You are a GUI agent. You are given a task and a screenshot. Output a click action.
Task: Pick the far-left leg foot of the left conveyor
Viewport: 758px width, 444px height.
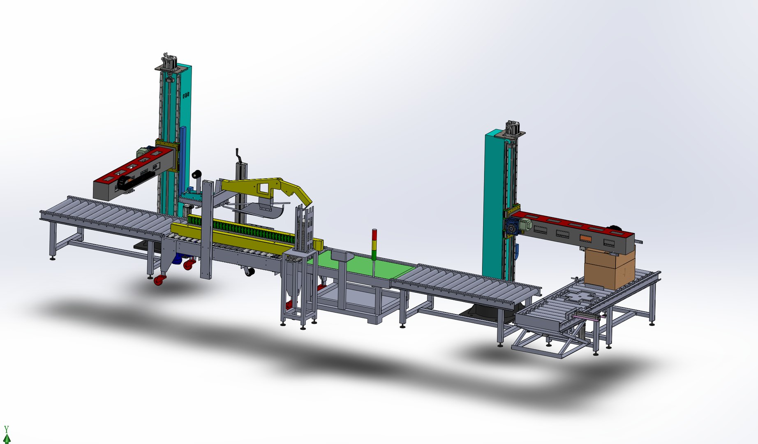tap(53, 258)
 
